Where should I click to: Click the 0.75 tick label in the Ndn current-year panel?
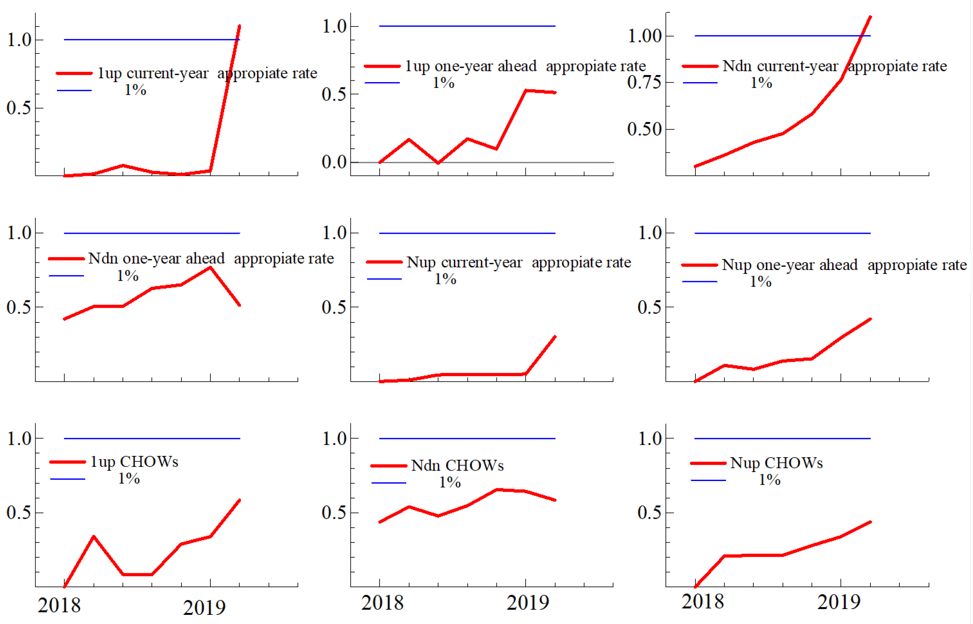click(x=644, y=83)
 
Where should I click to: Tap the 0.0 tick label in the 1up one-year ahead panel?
click(x=334, y=162)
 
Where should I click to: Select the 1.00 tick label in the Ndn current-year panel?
click(x=645, y=36)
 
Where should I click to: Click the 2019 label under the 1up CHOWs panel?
click(x=204, y=607)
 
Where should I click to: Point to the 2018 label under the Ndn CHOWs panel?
click(x=382, y=603)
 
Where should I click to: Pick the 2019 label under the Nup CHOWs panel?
click(x=838, y=602)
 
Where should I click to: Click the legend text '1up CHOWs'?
click(x=134, y=462)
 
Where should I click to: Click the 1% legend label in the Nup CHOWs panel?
click(x=769, y=480)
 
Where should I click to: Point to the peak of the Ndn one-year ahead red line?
click(x=210, y=267)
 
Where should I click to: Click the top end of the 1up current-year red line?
click(x=239, y=26)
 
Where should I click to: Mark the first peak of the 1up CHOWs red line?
click(x=93, y=537)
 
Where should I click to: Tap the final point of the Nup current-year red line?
click(x=555, y=337)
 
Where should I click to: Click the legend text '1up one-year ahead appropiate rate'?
click(x=525, y=66)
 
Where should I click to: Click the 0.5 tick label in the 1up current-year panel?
click(x=19, y=108)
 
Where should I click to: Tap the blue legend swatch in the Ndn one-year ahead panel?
click(x=66, y=276)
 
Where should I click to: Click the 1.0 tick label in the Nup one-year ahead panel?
click(x=650, y=233)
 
